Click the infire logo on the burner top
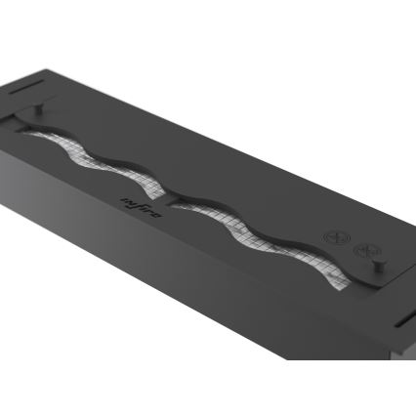click(x=137, y=201)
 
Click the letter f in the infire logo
click(x=137, y=201)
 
